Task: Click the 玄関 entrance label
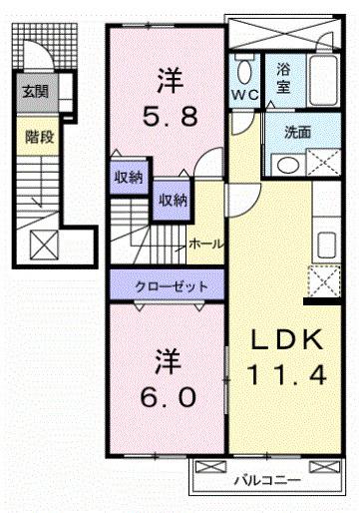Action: pyautogui.click(x=34, y=93)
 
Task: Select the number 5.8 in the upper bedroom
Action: pyautogui.click(x=168, y=117)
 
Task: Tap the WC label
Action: pyautogui.click(x=245, y=94)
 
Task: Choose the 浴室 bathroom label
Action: pyautogui.click(x=283, y=80)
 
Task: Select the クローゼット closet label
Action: pyautogui.click(x=171, y=286)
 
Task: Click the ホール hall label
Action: pyautogui.click(x=205, y=243)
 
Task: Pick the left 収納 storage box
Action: pyautogui.click(x=127, y=178)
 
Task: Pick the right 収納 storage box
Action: pyautogui.click(x=171, y=201)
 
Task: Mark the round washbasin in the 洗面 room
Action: pyautogui.click(x=285, y=165)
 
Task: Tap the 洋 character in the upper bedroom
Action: pyautogui.click(x=167, y=77)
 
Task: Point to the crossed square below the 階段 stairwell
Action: pyautogui.click(x=44, y=245)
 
